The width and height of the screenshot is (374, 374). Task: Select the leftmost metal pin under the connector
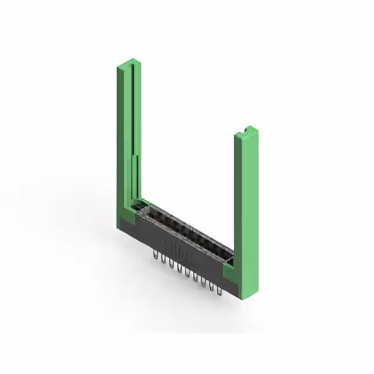click(x=155, y=255)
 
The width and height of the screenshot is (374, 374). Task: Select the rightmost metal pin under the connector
click(x=220, y=288)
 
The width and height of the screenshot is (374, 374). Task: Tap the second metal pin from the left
click(x=164, y=259)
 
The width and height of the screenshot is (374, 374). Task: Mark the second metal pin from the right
click(x=212, y=284)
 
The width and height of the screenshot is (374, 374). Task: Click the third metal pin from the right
click(x=203, y=280)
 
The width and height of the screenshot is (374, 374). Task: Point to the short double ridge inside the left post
click(x=138, y=175)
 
